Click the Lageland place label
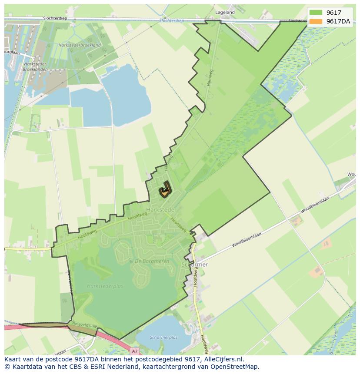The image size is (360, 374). click(225, 13)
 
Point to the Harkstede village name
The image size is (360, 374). click(160, 209)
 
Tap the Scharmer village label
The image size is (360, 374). click(194, 264)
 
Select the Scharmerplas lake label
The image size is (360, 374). click(163, 337)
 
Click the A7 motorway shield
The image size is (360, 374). click(135, 351)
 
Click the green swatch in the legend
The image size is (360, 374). click(316, 13)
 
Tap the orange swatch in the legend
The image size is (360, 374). click(316, 22)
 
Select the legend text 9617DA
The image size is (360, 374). click(338, 22)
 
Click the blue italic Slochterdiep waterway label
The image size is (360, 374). click(171, 20)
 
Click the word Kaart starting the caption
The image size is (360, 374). click(13, 360)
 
